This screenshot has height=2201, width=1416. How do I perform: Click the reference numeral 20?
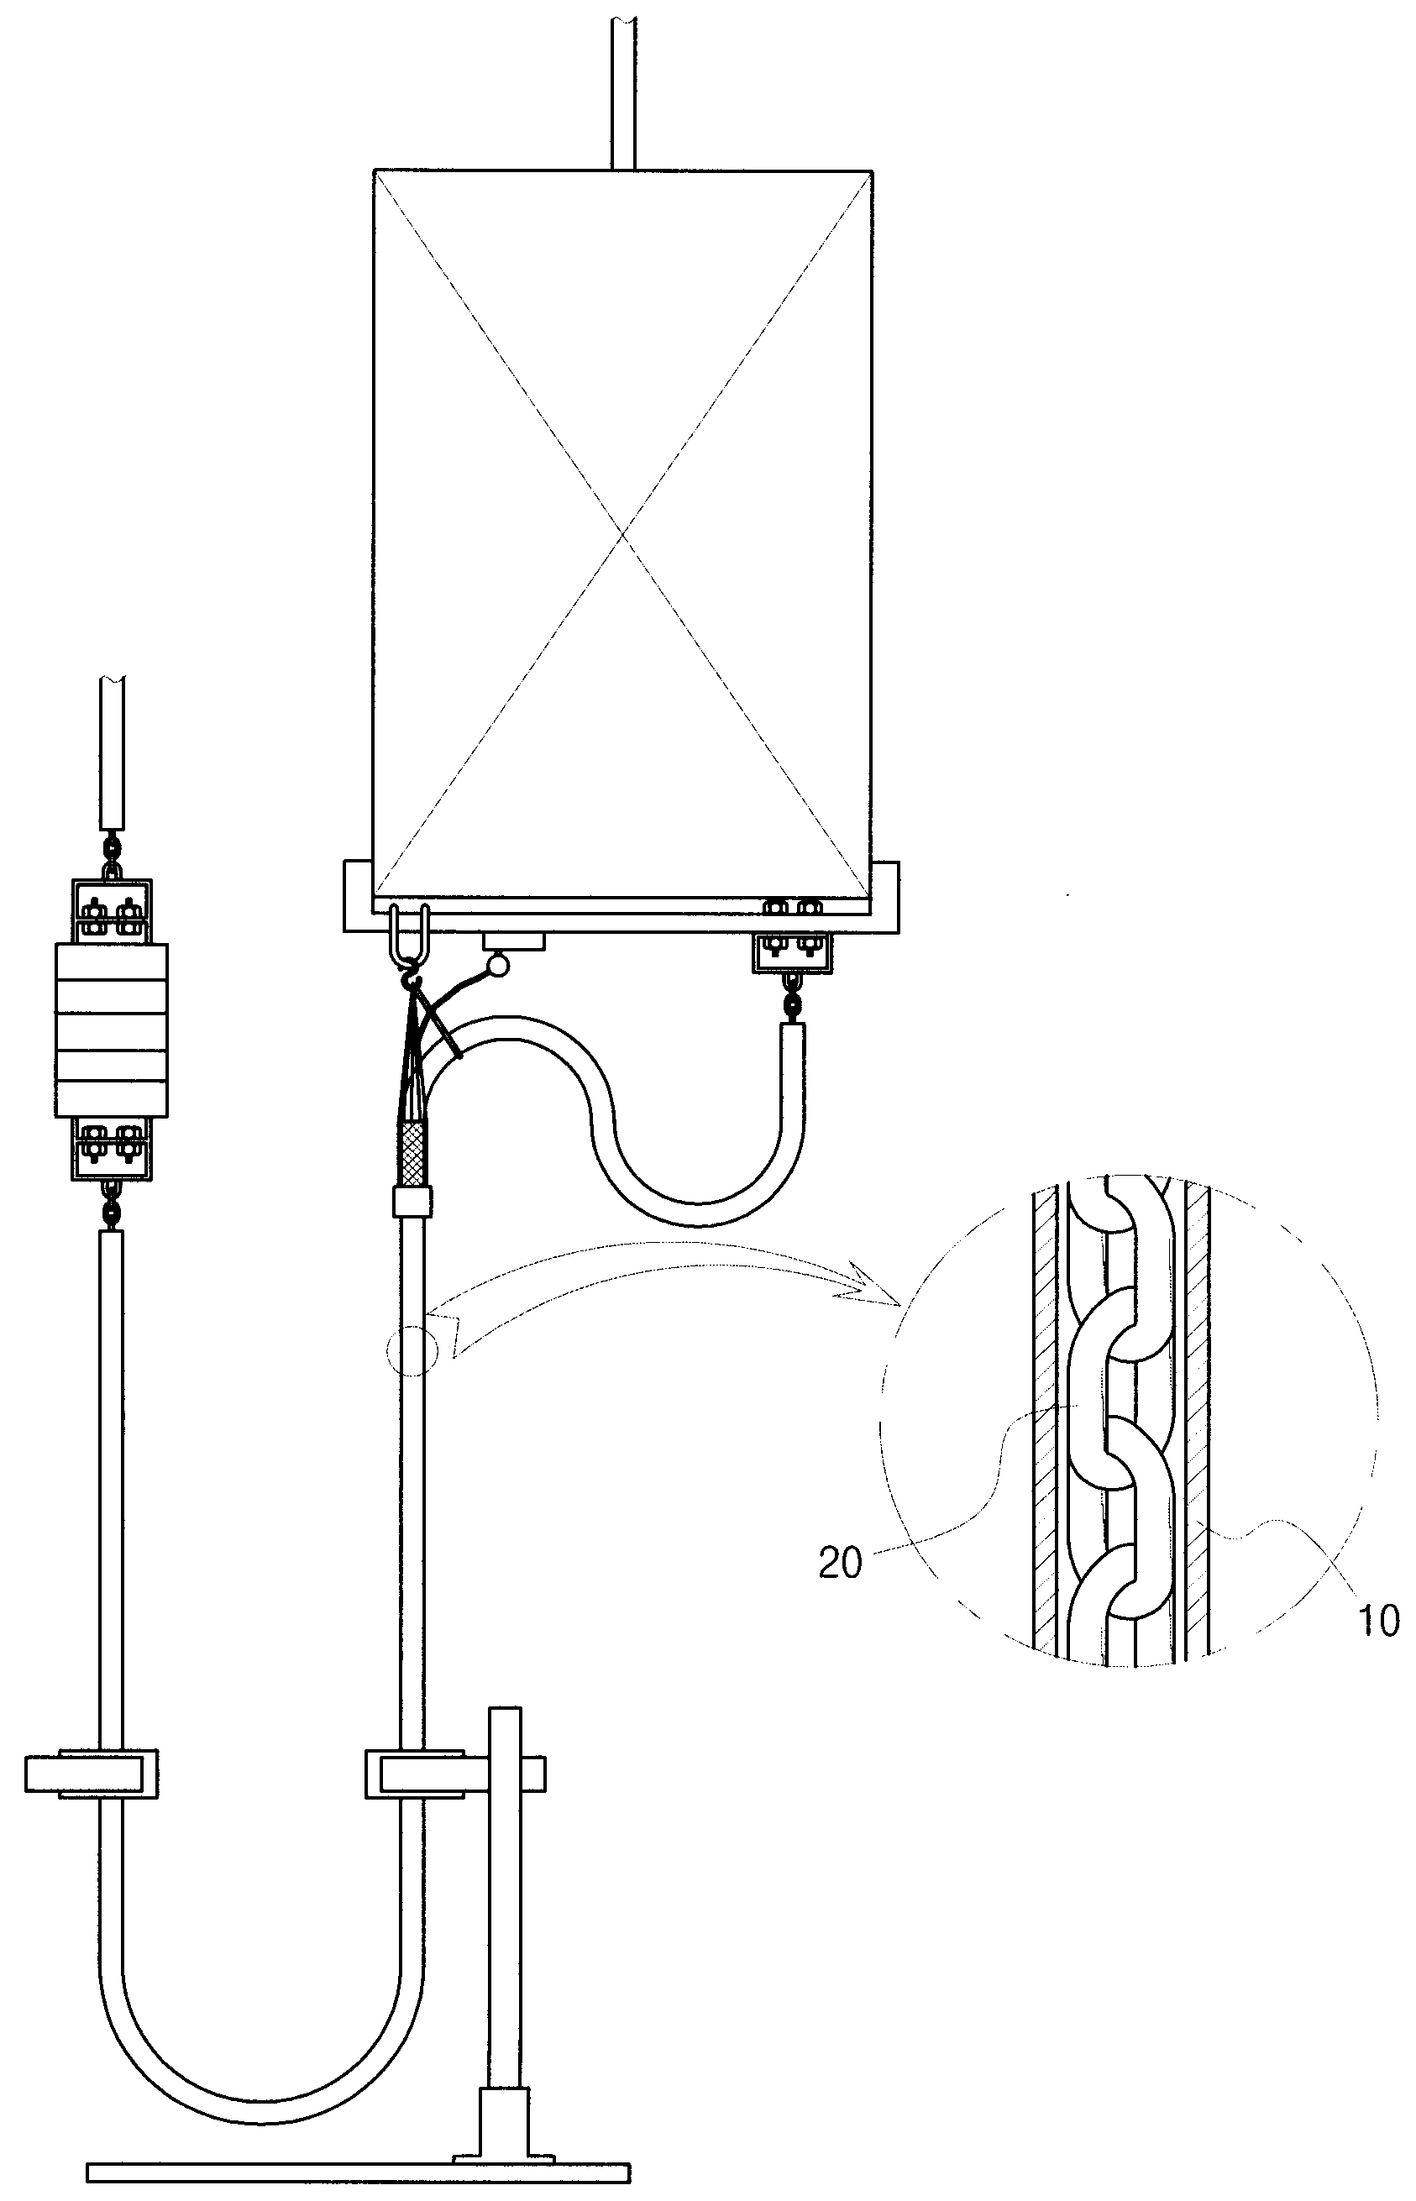pos(841,1562)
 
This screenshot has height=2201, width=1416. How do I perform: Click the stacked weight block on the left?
pos(111,1030)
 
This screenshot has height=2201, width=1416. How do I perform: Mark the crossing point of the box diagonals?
pos(624,532)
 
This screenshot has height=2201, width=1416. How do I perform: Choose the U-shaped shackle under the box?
pos(410,930)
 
